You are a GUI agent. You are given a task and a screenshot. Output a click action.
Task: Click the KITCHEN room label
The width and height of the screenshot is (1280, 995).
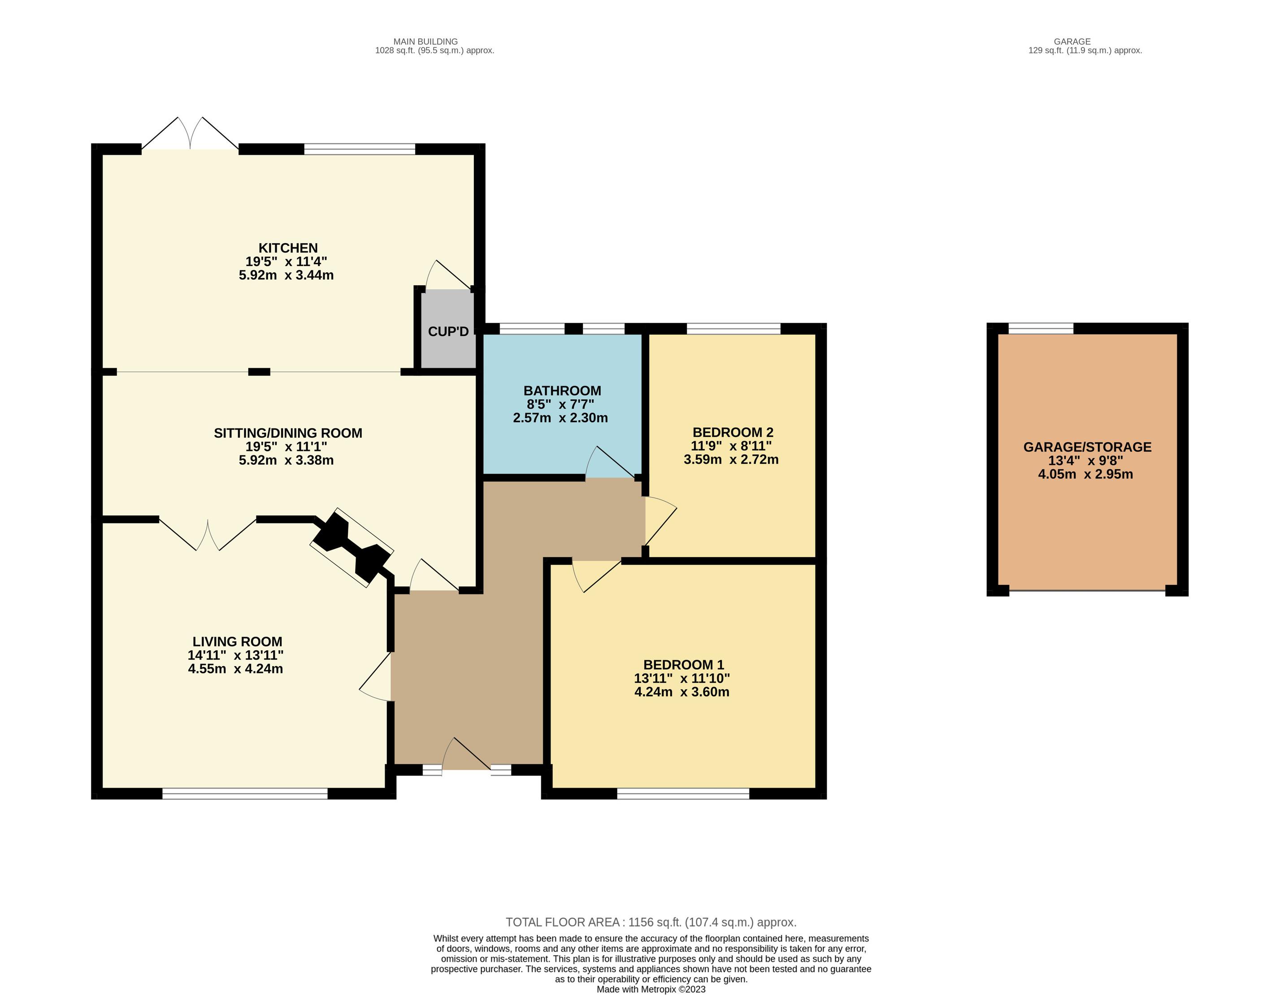coord(288,248)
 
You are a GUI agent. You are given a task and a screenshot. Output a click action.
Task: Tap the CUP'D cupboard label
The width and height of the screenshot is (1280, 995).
coord(448,332)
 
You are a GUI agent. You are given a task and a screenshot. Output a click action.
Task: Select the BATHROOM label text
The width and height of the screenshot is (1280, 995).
coord(562,390)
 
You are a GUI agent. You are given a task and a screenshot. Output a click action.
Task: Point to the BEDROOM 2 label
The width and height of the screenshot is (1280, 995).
coord(733,432)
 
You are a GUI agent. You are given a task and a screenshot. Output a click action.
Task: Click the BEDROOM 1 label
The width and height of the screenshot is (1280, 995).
coord(683,664)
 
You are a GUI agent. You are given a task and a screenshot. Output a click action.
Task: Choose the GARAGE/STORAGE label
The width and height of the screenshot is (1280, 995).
coord(1087,447)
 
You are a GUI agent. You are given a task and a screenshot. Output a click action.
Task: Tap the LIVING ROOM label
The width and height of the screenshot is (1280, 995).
coord(237,642)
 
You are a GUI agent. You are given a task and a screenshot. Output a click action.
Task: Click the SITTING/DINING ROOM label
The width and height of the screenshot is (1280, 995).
coord(288,433)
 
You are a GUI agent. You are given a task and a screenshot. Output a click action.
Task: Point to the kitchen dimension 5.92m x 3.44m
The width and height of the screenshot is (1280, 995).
coord(286,275)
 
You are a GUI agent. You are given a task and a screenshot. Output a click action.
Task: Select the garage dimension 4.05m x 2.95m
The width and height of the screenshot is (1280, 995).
coord(1085,474)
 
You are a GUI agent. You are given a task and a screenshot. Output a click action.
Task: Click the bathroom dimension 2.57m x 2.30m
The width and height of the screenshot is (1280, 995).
coord(560,418)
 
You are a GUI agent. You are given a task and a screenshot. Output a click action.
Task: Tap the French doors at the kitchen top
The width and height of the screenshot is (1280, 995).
coord(190,134)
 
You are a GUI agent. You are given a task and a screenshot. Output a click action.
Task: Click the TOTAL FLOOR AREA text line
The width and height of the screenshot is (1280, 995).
coord(651,922)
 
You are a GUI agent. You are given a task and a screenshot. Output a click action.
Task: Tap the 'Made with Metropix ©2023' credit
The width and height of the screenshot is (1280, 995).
coord(651,989)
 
